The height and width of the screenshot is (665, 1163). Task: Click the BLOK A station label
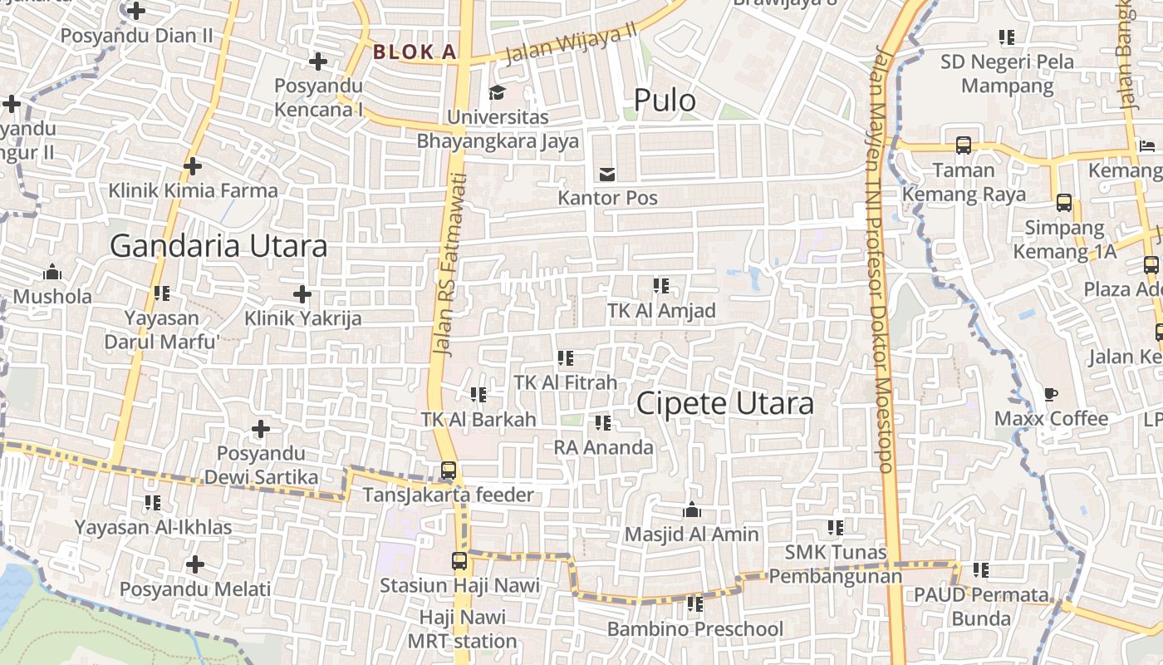[415, 52]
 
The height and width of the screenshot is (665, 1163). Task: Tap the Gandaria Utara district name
[218, 246]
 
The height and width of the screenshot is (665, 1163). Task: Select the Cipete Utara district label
[724, 403]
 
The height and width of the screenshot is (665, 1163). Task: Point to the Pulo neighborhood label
[665, 101]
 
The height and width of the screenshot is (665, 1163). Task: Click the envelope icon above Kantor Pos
[607, 174]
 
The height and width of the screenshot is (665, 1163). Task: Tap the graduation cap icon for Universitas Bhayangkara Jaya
[497, 91]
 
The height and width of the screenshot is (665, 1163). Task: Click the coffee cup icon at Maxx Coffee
[1051, 394]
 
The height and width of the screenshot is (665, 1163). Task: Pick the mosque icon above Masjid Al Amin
[691, 510]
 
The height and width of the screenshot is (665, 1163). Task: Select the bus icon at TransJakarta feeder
[449, 470]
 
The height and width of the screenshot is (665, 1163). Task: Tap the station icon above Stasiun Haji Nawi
[459, 561]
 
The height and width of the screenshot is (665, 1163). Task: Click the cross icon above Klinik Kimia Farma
[193, 166]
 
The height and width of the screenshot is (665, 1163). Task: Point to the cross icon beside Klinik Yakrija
[302, 293]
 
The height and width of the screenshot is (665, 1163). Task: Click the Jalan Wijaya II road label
[571, 42]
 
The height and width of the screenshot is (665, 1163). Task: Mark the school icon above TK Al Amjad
[661, 286]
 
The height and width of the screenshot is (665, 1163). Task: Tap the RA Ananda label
[604, 447]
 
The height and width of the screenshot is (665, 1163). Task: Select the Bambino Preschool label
[694, 628]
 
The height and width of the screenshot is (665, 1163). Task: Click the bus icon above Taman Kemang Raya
[964, 145]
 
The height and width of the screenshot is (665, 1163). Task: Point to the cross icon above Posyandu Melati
[195, 565]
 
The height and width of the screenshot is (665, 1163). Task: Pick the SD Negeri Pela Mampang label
[1007, 73]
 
